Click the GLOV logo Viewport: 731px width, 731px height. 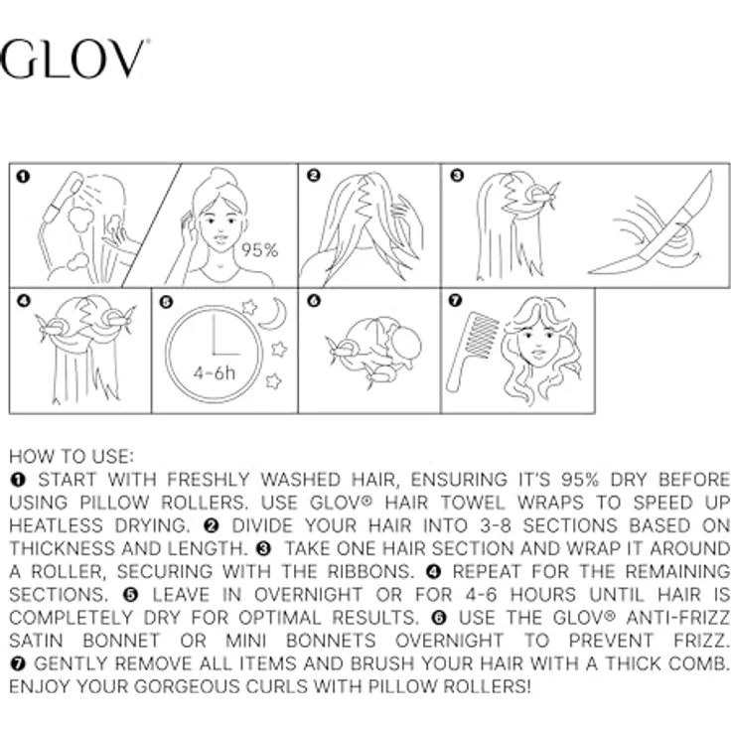73,59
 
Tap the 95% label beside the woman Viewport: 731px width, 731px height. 259,250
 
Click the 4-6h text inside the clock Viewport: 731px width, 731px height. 215,373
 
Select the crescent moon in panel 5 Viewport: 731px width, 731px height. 274,314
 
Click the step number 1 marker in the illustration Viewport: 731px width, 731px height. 23,177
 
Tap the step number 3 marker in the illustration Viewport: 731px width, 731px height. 457,175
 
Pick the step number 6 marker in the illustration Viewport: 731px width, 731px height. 314,301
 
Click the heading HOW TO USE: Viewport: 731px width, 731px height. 72,457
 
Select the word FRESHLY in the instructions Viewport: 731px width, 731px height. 208,480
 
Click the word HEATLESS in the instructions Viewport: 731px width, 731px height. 56,525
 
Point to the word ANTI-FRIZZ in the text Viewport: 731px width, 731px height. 677,617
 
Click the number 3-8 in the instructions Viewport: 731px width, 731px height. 495,525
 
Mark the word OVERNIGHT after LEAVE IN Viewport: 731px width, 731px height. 308,594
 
